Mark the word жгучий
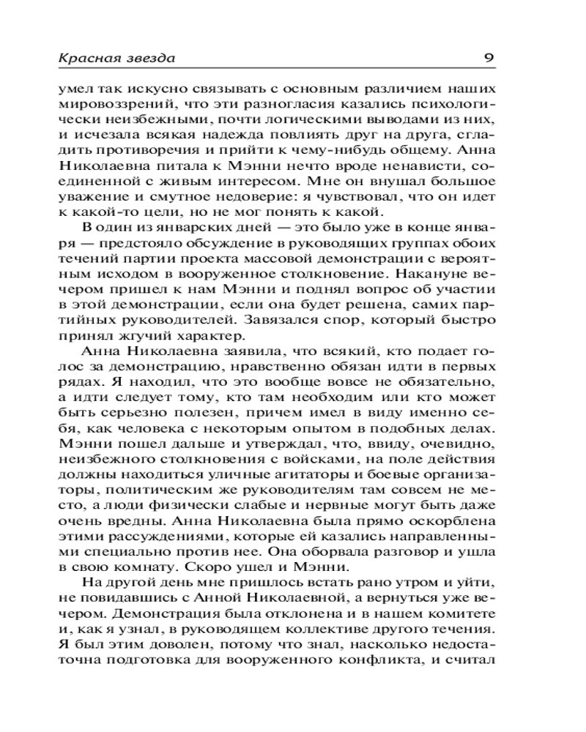pos(166,337)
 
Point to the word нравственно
pos(275,367)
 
